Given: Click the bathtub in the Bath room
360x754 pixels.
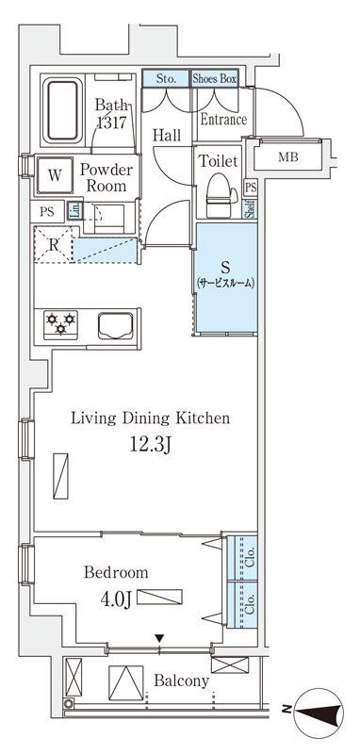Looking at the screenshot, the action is coord(61,111).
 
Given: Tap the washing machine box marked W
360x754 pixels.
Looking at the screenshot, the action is coord(55,175).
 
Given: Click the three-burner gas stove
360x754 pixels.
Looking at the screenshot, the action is coord(60,325).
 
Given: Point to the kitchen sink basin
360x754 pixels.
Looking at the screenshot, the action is coord(116,326).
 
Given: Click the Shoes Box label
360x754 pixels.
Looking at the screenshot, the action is coord(214,79).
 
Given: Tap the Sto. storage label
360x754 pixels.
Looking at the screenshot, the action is coord(166,79).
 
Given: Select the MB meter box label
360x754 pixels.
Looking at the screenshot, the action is coord(288,156).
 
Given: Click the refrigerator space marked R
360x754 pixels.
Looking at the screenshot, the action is coord(54,244).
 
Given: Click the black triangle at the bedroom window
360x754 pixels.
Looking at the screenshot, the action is coord(159,639).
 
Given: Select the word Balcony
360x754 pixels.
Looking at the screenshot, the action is coord(181,680).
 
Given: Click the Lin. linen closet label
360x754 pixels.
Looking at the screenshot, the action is coord(74,210).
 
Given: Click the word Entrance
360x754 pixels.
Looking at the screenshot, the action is coord(223,120).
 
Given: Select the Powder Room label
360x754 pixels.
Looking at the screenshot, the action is coord(106,177).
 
